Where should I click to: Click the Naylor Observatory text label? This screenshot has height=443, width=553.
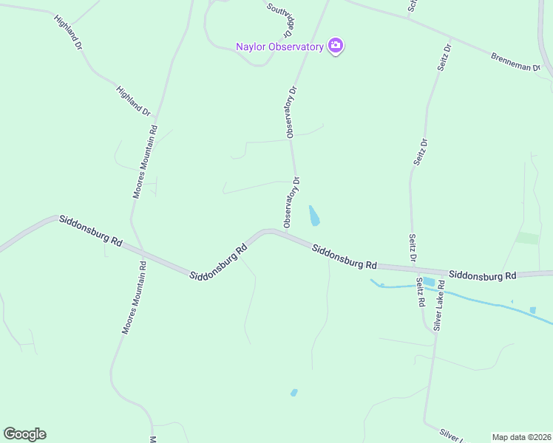(279, 47)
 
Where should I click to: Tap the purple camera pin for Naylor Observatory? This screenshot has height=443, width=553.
(336, 46)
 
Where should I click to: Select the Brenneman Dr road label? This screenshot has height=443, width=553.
(515, 61)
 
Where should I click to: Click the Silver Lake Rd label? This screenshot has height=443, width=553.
(439, 304)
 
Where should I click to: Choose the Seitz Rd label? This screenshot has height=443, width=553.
(420, 292)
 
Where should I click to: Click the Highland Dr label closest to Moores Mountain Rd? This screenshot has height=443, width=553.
(133, 101)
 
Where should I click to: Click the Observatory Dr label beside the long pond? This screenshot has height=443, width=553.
(291, 202)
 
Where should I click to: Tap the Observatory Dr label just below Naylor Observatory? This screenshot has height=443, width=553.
(291, 112)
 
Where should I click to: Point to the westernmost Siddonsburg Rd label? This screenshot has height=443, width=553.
(90, 230)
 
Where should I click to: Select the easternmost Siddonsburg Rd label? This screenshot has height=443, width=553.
(482, 275)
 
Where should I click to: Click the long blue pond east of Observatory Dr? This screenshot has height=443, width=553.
(314, 216)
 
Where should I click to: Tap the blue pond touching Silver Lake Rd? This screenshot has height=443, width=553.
(429, 281)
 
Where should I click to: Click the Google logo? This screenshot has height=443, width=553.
(24, 434)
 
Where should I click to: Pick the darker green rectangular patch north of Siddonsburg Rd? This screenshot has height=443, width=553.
(528, 238)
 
